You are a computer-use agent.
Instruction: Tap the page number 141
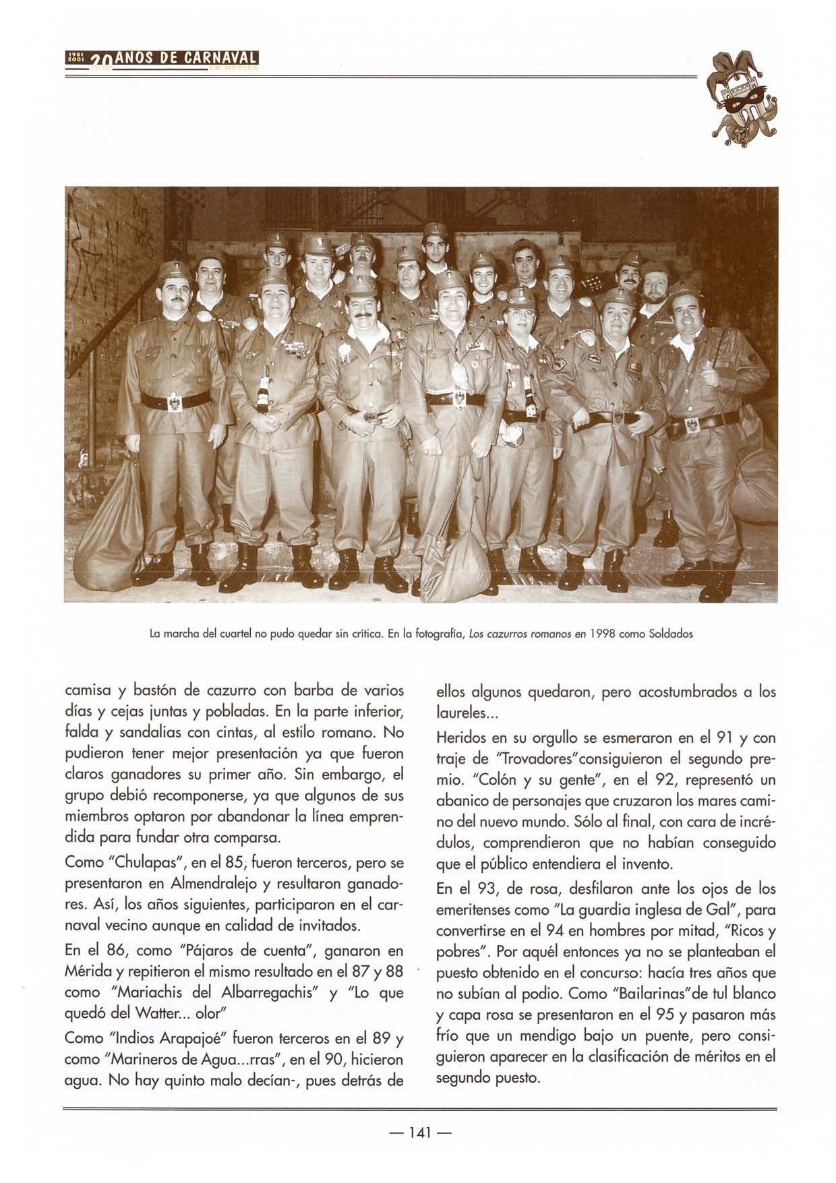(x=419, y=1132)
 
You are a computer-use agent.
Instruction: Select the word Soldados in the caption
(x=670, y=634)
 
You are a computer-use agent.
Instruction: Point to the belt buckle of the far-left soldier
(x=175, y=402)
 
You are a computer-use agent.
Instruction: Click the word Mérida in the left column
(x=86, y=972)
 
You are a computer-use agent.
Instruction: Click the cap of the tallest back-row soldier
(x=436, y=230)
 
